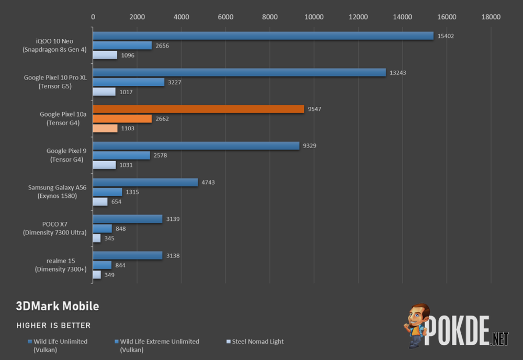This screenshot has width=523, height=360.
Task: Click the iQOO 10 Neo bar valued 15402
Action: click(x=263, y=36)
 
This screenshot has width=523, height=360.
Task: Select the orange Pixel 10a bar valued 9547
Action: click(x=198, y=109)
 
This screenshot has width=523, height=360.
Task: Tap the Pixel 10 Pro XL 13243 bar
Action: click(x=239, y=72)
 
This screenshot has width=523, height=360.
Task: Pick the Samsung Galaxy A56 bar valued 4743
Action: click(x=145, y=182)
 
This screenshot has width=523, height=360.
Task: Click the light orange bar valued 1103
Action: click(x=105, y=129)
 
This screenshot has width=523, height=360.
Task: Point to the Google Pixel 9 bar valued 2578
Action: click(x=121, y=155)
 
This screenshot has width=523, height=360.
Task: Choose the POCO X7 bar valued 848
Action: click(x=103, y=229)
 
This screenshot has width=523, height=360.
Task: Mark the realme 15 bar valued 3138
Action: click(x=128, y=255)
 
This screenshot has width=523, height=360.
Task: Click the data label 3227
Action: click(x=175, y=82)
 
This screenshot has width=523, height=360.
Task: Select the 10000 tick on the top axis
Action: click(x=314, y=17)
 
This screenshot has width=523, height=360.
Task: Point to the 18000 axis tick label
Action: click(x=491, y=17)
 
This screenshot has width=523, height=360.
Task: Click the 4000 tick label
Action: click(x=181, y=17)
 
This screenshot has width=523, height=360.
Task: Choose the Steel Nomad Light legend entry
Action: click(x=258, y=342)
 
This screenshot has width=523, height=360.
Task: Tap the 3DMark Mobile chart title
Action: click(x=58, y=306)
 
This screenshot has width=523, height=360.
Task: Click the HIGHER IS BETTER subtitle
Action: click(x=53, y=325)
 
